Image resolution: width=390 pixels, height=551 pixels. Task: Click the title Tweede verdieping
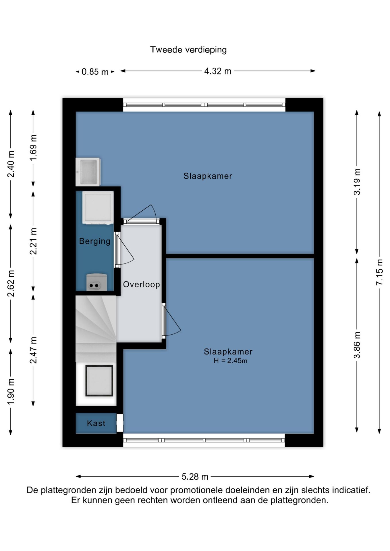click(188, 50)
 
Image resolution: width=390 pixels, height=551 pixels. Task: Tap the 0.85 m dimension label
click(95, 71)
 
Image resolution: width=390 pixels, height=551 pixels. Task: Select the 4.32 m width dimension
click(217, 71)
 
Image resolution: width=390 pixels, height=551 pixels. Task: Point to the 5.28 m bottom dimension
click(195, 477)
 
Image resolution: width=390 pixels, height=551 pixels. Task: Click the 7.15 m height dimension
click(379, 272)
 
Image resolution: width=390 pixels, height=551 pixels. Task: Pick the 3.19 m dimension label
click(357, 182)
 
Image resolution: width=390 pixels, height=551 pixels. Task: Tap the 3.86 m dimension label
click(357, 345)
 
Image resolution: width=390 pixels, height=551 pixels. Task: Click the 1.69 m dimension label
click(33, 148)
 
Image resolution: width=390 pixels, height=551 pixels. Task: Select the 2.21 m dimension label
click(33, 241)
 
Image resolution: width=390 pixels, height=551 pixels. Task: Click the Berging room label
click(95, 241)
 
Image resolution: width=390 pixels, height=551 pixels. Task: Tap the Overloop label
click(141, 284)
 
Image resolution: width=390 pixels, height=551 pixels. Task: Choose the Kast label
click(96, 423)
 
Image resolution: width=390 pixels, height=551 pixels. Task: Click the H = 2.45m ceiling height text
click(230, 361)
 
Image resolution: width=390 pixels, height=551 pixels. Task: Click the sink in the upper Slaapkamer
click(88, 172)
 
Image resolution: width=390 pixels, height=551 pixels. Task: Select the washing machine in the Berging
click(98, 207)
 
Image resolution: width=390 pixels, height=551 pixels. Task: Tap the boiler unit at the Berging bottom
click(96, 282)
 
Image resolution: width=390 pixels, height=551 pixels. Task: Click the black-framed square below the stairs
click(99, 381)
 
